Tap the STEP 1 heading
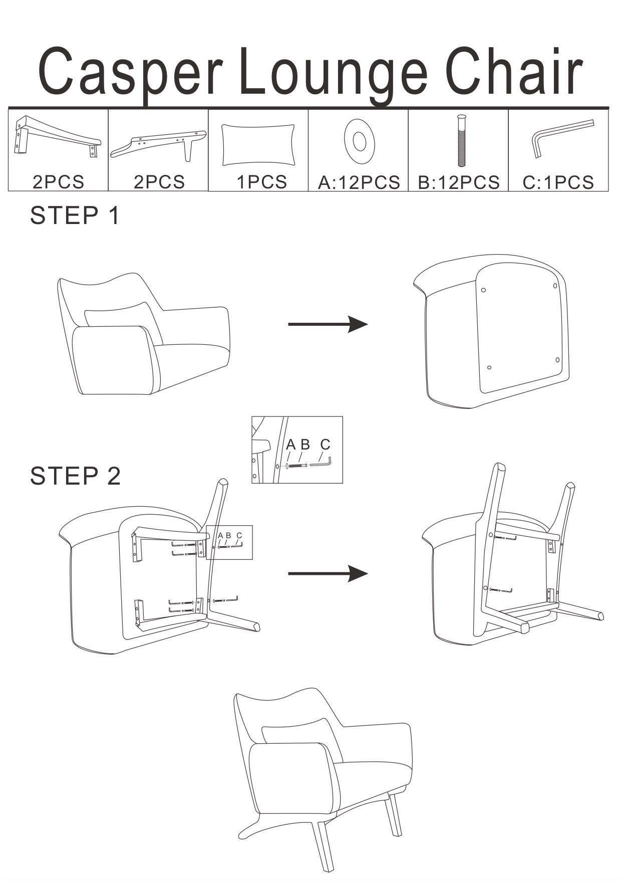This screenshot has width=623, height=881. click(x=75, y=215)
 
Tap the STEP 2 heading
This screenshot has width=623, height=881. click(x=75, y=476)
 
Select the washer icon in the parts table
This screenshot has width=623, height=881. click(x=359, y=141)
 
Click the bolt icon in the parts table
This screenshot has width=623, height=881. click(x=461, y=140)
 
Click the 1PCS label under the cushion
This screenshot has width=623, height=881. click(x=261, y=182)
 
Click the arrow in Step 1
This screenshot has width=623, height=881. click(x=328, y=324)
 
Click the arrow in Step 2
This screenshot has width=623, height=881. click(x=328, y=573)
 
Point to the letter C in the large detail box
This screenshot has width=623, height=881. click(x=325, y=444)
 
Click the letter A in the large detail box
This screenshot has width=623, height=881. click(x=290, y=444)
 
